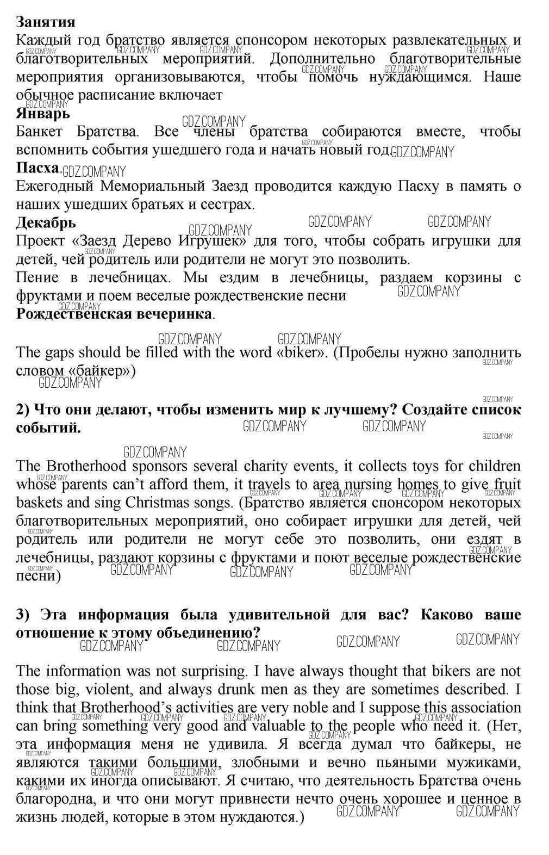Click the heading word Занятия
pyautogui.click(x=46, y=22)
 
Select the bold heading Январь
pyautogui.click(x=43, y=114)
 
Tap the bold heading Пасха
pyautogui.click(x=37, y=168)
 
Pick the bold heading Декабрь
pyautogui.click(x=46, y=223)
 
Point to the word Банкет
pyautogui.click(x=39, y=132)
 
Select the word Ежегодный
pyautogui.click(x=54, y=187)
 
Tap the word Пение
pyautogui.click(x=38, y=278)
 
